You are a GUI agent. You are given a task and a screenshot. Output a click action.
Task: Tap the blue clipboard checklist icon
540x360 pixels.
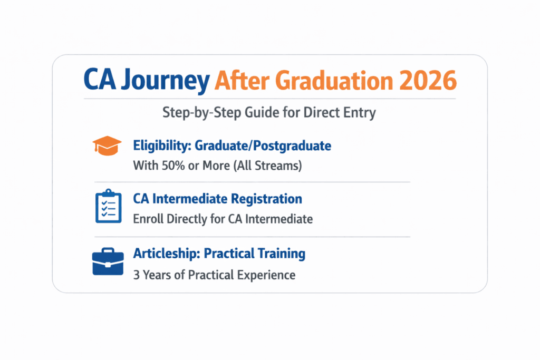click(x=107, y=205)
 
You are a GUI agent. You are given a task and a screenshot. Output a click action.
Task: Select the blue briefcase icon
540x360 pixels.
click(x=107, y=262)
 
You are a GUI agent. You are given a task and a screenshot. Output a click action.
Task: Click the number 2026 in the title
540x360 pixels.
click(x=428, y=82)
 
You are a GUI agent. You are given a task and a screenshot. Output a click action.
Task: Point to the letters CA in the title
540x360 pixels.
click(x=101, y=82)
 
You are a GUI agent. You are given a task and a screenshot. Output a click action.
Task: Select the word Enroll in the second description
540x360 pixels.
click(x=147, y=219)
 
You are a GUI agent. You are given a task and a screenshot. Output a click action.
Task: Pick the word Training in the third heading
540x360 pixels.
click(x=280, y=254)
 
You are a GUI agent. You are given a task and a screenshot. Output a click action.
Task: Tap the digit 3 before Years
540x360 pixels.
click(x=137, y=275)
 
